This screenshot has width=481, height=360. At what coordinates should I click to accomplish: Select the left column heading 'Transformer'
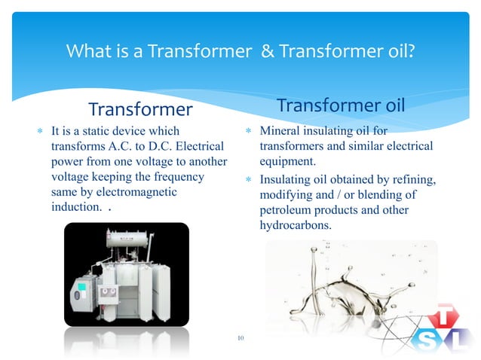[141, 110]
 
